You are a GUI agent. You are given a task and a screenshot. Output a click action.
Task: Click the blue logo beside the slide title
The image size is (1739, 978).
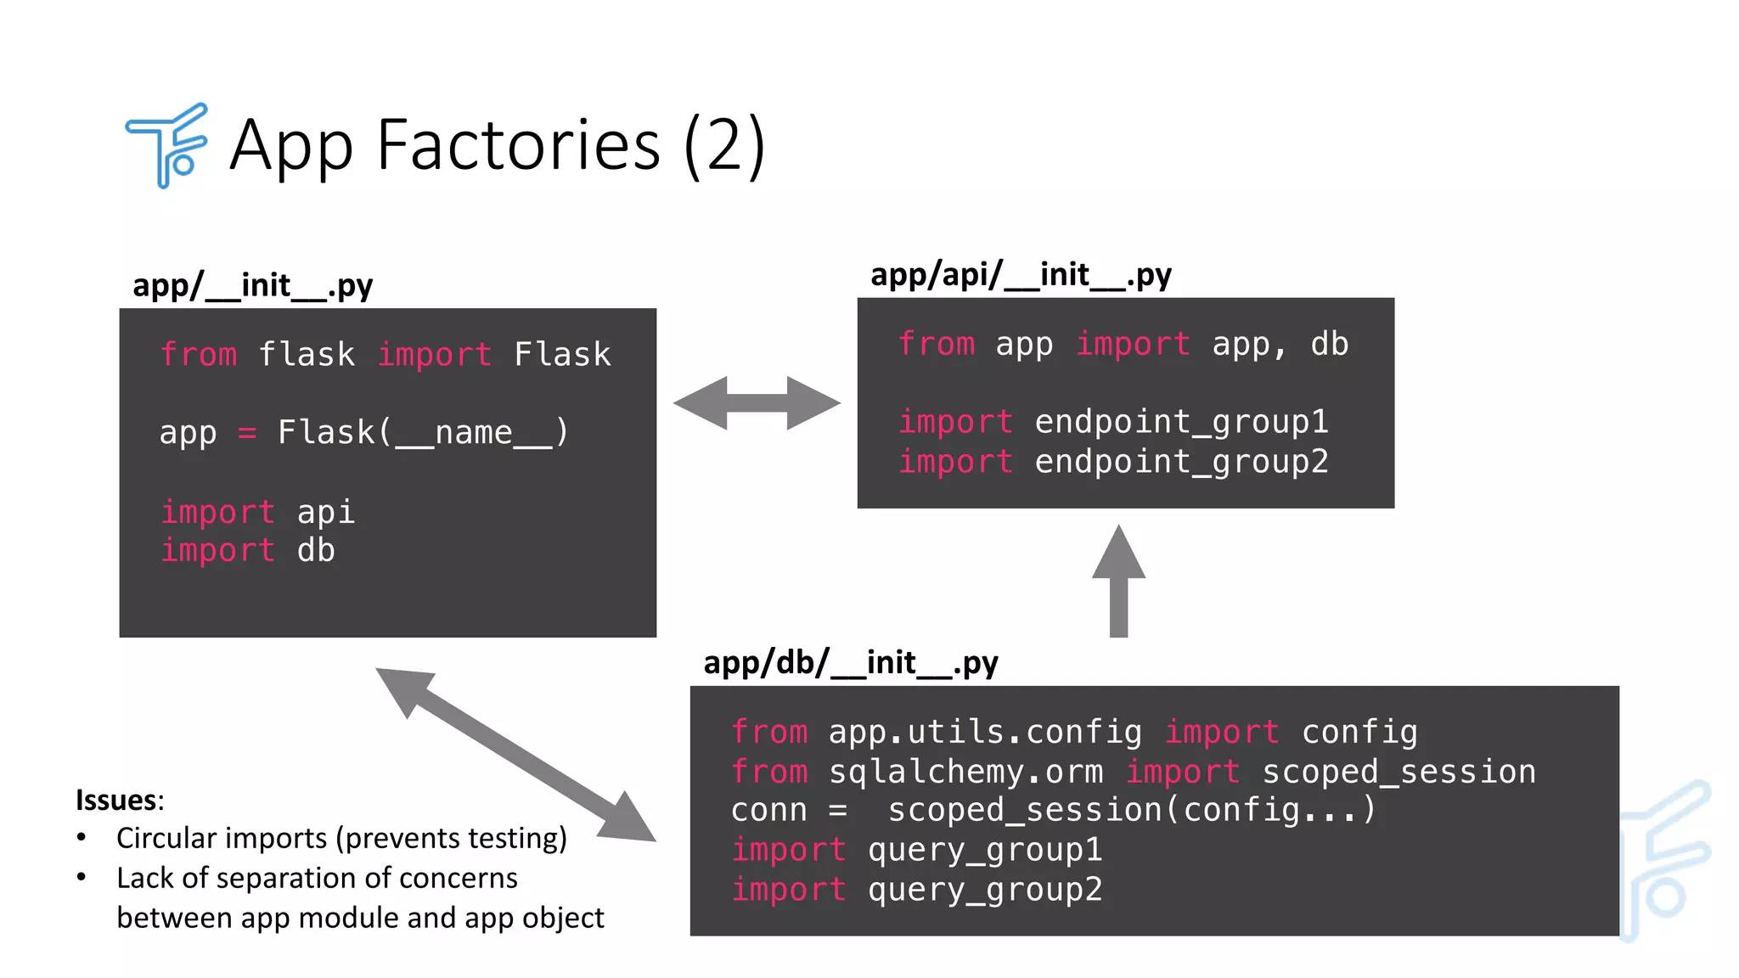pyautogui.click(x=167, y=145)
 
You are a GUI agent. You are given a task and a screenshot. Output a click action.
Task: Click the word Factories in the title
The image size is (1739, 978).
pyautogui.click(x=518, y=145)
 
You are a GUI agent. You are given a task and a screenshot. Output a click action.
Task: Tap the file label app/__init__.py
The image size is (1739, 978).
pyautogui.click(x=252, y=285)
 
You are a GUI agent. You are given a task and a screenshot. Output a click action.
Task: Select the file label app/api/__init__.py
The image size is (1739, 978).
pyautogui.click(x=1021, y=274)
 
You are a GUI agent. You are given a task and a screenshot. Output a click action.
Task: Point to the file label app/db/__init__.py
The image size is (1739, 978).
pyautogui.click(x=851, y=662)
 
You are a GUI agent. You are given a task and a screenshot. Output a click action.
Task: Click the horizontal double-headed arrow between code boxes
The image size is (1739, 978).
pyautogui.click(x=757, y=403)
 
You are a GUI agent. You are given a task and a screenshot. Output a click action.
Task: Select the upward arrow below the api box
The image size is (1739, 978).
pyautogui.click(x=1118, y=582)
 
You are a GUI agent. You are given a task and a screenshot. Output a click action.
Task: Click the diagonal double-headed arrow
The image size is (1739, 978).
pyautogui.click(x=515, y=755)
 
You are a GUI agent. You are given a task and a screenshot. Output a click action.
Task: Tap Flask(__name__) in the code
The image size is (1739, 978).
pyautogui.click(x=422, y=433)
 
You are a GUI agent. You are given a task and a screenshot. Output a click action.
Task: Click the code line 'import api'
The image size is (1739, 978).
pyautogui.click(x=257, y=512)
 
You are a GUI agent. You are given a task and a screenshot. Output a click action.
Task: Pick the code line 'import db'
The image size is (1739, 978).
pyautogui.click(x=247, y=551)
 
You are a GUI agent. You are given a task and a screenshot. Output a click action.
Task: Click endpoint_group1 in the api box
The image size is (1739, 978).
pyautogui.click(x=1180, y=422)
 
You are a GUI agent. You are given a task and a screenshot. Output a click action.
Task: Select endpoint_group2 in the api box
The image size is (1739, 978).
pyautogui.click(x=1180, y=462)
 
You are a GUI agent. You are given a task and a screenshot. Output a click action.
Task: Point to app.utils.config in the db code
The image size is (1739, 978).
pyautogui.click(x=985, y=732)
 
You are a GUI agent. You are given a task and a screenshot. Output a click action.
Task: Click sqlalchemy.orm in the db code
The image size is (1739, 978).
pyautogui.click(x=965, y=772)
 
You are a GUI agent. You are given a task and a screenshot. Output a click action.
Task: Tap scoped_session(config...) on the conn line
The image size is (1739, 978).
pyautogui.click(x=1131, y=810)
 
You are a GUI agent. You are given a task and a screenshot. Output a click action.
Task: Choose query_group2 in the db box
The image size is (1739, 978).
pyautogui.click(x=985, y=890)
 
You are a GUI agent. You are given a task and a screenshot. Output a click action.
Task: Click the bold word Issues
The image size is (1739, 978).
pyautogui.click(x=117, y=800)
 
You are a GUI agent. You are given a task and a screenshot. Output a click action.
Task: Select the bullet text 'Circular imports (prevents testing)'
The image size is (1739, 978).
pyautogui.click(x=341, y=839)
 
